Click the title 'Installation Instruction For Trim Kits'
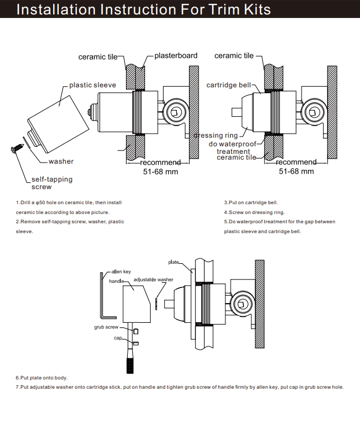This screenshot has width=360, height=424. point(143,10)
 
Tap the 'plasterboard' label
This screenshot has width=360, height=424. point(176,56)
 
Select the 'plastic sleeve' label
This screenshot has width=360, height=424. point(92,85)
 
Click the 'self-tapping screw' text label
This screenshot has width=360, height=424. point(51,183)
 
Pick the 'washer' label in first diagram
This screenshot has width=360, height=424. point(61,161)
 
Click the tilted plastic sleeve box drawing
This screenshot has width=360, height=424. point(54,118)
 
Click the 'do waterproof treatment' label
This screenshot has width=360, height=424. point(233,148)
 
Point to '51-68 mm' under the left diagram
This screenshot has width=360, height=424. point(160,171)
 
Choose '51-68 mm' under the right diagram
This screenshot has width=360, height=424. point(296,171)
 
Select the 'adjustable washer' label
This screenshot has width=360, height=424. point(153,279)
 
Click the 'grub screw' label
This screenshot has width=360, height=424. point(106,327)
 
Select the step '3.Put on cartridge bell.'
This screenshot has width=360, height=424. point(251,203)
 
